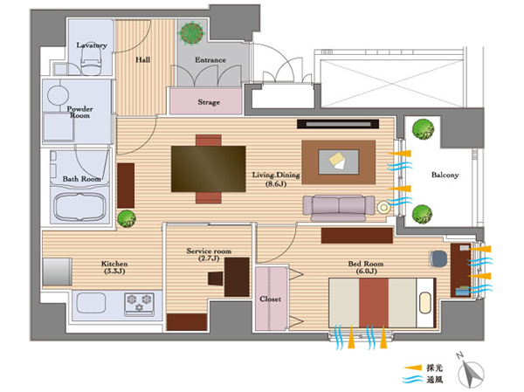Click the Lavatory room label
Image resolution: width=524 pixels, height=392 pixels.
92,45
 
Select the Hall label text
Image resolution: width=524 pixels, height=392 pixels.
144,60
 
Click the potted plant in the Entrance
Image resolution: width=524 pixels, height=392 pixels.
190,34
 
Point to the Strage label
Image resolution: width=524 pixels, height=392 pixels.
209,102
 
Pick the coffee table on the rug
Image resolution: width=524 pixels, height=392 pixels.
338,161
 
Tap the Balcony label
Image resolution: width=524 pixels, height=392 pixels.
445,175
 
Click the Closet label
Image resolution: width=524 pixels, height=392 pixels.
269,299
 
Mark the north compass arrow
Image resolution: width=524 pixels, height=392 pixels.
477,372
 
